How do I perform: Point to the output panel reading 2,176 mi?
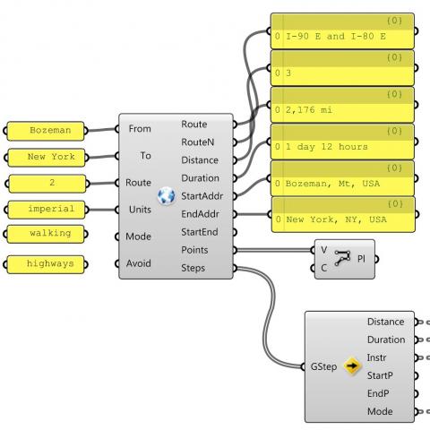pyautogui.click(x=344, y=110)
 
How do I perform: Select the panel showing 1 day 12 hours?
pyautogui.click(x=344, y=146)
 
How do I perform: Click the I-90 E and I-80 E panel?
pyautogui.click(x=344, y=37)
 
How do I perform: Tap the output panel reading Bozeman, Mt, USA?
pyautogui.click(x=344, y=183)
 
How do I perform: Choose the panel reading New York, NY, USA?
pyautogui.click(x=344, y=219)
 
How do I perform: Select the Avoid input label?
pyautogui.click(x=140, y=263)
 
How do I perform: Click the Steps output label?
pyautogui.click(x=193, y=268)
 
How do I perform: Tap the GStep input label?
pyautogui.click(x=324, y=366)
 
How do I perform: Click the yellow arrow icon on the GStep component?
pyautogui.click(x=352, y=366)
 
